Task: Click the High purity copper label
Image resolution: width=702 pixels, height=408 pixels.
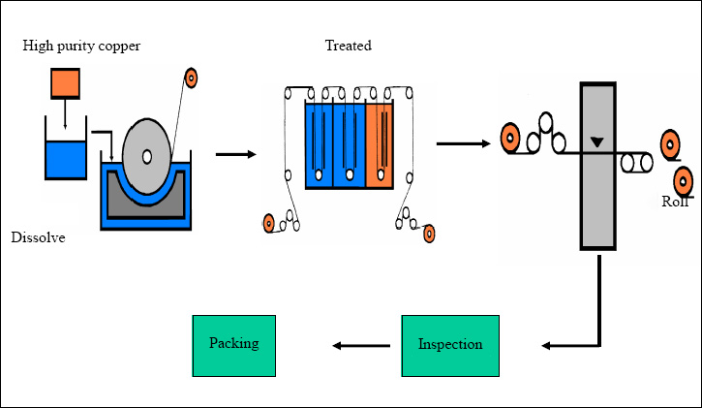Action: pos(81,46)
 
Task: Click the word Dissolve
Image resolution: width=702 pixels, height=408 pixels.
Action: pos(38,236)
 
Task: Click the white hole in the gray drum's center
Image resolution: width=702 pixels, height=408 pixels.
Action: pos(146,156)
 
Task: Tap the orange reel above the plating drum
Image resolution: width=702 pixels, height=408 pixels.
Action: pos(192,78)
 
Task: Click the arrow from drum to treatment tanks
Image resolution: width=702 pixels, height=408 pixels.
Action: pos(235,153)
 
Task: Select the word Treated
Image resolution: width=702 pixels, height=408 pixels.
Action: pos(348,46)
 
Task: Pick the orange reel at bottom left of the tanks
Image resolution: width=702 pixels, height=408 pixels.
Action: pos(269,225)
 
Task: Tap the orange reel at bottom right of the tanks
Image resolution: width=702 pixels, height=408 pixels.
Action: pos(429,233)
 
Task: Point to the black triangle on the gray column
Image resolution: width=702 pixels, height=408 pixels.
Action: pos(597,142)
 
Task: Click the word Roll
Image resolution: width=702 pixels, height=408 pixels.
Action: pos(675,202)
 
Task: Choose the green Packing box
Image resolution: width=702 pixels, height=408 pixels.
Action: pos(233,344)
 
